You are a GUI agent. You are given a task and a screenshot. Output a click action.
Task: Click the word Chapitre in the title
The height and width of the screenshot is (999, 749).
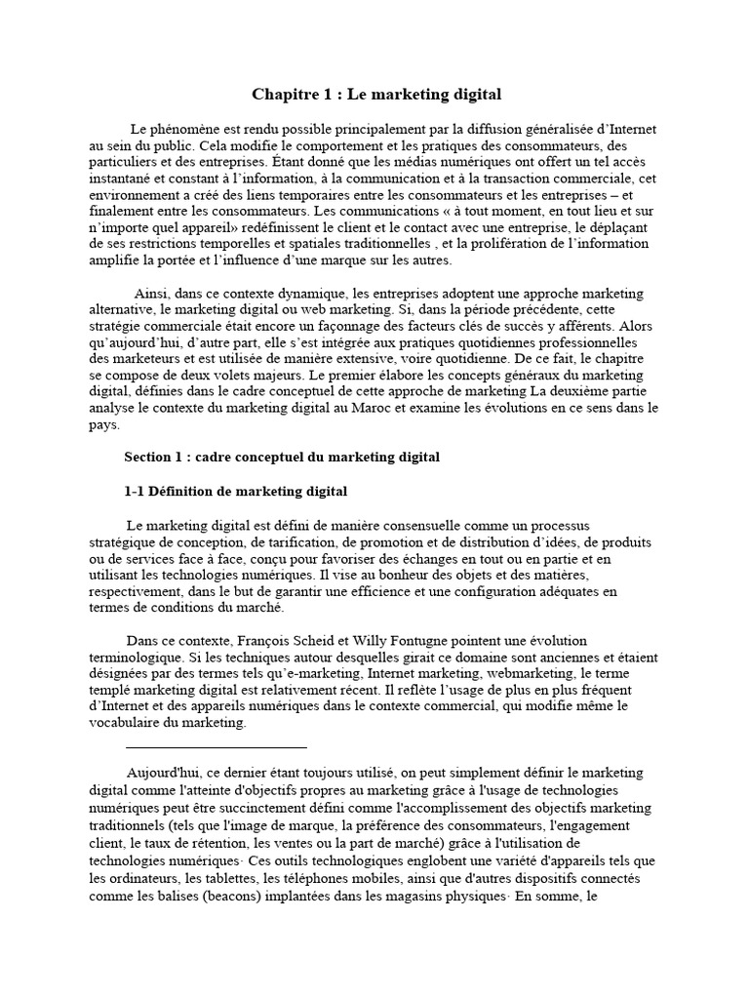click(x=285, y=95)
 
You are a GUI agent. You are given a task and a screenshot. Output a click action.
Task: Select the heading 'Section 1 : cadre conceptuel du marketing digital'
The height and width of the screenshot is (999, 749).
click(x=282, y=457)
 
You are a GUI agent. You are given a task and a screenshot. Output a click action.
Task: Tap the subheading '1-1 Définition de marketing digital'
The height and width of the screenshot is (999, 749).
click(x=236, y=491)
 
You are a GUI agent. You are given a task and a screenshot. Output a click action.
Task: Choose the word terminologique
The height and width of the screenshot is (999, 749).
click(x=134, y=658)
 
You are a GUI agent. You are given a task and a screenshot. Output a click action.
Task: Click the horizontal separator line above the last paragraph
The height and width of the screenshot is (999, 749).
click(x=216, y=747)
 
